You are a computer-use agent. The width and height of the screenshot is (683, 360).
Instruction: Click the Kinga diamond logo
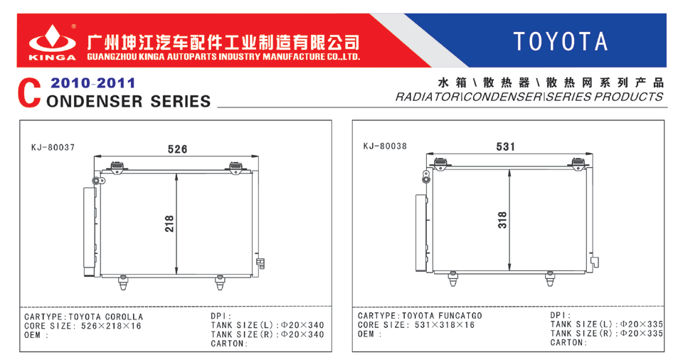pyautogui.click(x=52, y=39)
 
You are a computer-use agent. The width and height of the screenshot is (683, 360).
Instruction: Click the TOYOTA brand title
pyautogui.click(x=560, y=41)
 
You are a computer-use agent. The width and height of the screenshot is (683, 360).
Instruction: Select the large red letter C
pyautogui.click(x=29, y=93)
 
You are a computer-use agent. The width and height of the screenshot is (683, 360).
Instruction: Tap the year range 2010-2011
pyautogui.click(x=92, y=83)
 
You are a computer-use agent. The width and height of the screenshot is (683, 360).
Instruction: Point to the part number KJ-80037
pyautogui.click(x=53, y=147)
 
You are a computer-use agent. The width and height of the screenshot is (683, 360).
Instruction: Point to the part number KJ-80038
pyautogui.click(x=385, y=146)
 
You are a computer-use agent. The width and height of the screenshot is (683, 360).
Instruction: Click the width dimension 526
pyautogui.click(x=177, y=149)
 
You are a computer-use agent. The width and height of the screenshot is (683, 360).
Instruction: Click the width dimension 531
pyautogui.click(x=505, y=147)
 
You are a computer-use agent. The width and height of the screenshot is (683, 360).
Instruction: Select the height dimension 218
pyautogui.click(x=169, y=223)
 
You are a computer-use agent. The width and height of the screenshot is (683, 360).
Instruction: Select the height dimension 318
pyautogui.click(x=502, y=220)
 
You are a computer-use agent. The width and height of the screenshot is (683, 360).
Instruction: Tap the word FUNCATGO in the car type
pyautogui.click(x=460, y=316)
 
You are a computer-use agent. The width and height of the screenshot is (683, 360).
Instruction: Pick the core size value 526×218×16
pyautogui.click(x=111, y=326)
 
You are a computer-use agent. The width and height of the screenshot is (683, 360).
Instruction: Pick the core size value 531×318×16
pyautogui.click(x=445, y=324)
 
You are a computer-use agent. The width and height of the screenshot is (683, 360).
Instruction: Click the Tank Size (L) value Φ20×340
pyautogui.click(x=302, y=325)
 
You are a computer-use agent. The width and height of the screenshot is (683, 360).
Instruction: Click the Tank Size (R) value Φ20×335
pyautogui.click(x=641, y=334)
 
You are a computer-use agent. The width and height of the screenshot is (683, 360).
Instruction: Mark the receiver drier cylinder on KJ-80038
pyautogui.click(x=422, y=233)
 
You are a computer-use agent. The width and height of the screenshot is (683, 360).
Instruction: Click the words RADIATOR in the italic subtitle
pyautogui.click(x=427, y=97)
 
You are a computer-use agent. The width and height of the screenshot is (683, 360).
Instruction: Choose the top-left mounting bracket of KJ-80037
pyautogui.click(x=117, y=167)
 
